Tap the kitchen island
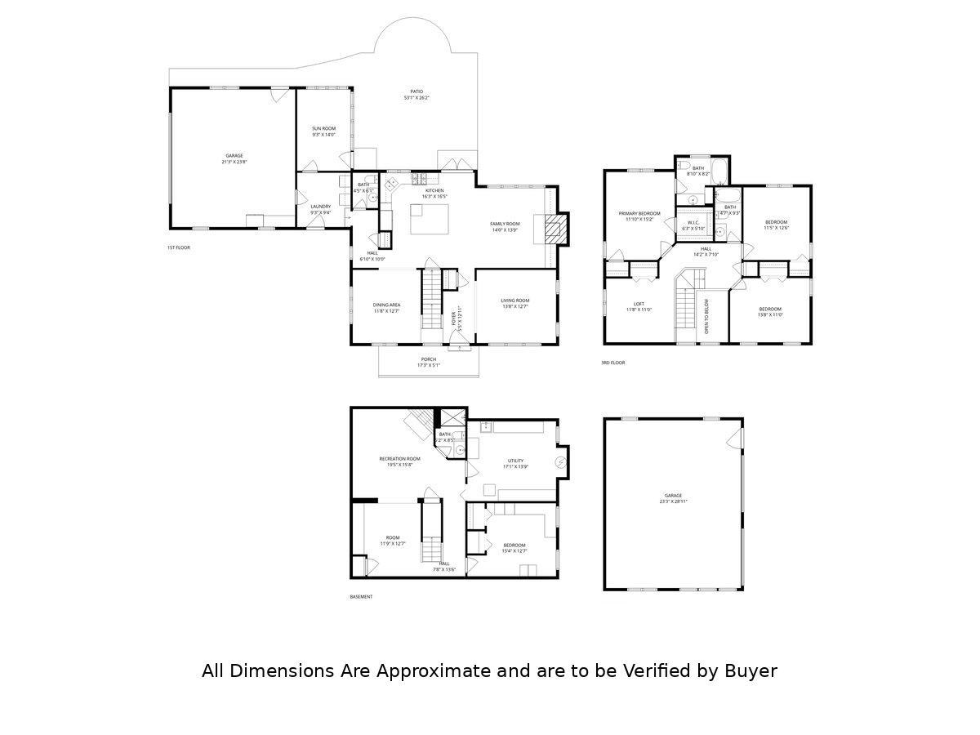429,219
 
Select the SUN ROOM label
323,128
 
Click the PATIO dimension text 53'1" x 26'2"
416,98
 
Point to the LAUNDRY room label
320,207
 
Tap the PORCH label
429,359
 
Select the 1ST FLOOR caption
178,247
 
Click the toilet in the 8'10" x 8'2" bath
681,166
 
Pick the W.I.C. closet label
693,222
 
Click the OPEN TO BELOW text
707,316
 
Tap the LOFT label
639,304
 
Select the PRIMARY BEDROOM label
639,213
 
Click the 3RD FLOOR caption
612,363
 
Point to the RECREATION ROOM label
400,459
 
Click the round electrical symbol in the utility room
561,463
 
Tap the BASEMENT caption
361,597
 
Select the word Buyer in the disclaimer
750,671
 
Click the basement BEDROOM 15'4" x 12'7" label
514,545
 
